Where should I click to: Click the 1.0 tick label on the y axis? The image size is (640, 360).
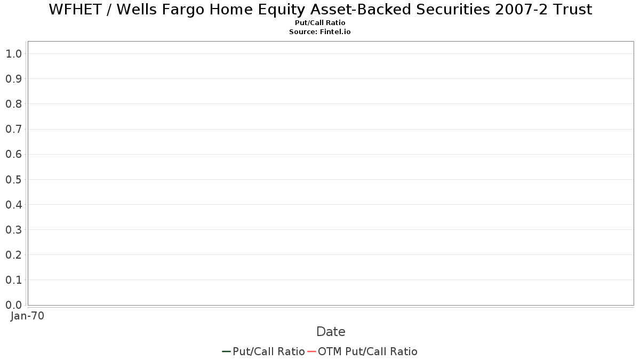pyautogui.click(x=13, y=54)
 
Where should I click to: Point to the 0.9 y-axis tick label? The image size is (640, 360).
pyautogui.click(x=13, y=79)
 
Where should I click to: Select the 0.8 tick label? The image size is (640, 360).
pyautogui.click(x=13, y=104)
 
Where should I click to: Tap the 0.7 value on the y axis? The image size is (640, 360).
pyautogui.click(x=13, y=129)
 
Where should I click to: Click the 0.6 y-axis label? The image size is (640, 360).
pyautogui.click(x=13, y=154)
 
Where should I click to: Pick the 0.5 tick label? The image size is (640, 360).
pyautogui.click(x=13, y=179)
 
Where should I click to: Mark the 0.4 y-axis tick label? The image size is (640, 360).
pyautogui.click(x=13, y=205)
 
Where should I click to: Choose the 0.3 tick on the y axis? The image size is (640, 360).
pyautogui.click(x=13, y=230)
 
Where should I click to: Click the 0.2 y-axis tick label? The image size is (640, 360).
pyautogui.click(x=13, y=255)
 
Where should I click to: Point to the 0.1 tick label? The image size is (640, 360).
pyautogui.click(x=13, y=280)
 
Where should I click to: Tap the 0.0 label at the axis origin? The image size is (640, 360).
pyautogui.click(x=13, y=305)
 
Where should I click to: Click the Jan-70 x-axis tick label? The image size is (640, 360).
pyautogui.click(x=27, y=316)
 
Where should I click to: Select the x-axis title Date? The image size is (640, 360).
pyautogui.click(x=331, y=332)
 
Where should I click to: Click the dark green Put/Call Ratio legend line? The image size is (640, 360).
pyautogui.click(x=226, y=351)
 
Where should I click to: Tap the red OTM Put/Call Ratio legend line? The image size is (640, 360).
pyautogui.click(x=311, y=351)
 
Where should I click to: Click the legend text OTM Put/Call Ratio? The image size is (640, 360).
pyautogui.click(x=367, y=351)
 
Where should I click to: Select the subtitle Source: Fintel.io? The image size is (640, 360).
pyautogui.click(x=319, y=31)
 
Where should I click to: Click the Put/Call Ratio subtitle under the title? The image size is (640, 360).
pyautogui.click(x=320, y=23)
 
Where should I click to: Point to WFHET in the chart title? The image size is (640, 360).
pyautogui.click(x=75, y=10)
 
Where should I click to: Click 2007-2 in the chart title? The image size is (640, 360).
pyautogui.click(x=521, y=10)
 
